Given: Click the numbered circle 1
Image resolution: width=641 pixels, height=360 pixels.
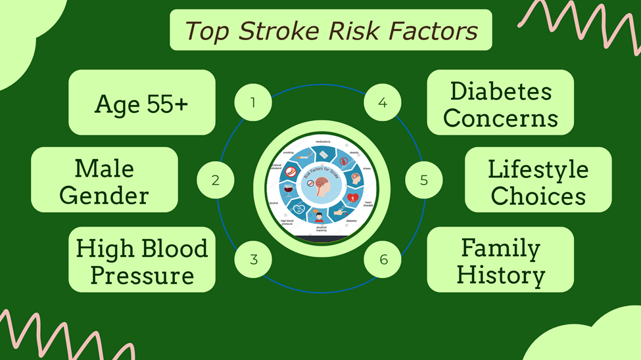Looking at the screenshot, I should coord(253,102).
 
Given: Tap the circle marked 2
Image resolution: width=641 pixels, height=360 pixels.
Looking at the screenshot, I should coord(216,180).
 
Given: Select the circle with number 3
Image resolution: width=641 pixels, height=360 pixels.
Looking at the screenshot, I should coord(253,259).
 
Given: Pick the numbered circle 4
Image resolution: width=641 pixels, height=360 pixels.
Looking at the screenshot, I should coord(383,102).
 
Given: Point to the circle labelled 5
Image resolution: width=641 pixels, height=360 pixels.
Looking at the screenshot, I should coord(423,180).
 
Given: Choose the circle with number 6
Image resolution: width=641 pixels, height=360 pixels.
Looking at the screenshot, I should coord(383,259).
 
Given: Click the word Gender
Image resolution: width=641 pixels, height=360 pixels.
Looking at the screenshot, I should coord(105,194).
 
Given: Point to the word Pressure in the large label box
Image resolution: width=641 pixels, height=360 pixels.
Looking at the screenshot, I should coord(142,275).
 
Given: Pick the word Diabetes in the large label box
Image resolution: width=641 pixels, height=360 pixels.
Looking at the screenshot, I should coord(500,92).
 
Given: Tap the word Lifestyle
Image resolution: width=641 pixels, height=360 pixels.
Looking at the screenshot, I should coord(538,169).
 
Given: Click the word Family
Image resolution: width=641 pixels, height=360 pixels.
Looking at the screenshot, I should coord(500,248).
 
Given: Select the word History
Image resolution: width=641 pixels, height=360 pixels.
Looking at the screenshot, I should coord(500,275).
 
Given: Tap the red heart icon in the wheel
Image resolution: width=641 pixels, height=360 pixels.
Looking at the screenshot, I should coord(352,196).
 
